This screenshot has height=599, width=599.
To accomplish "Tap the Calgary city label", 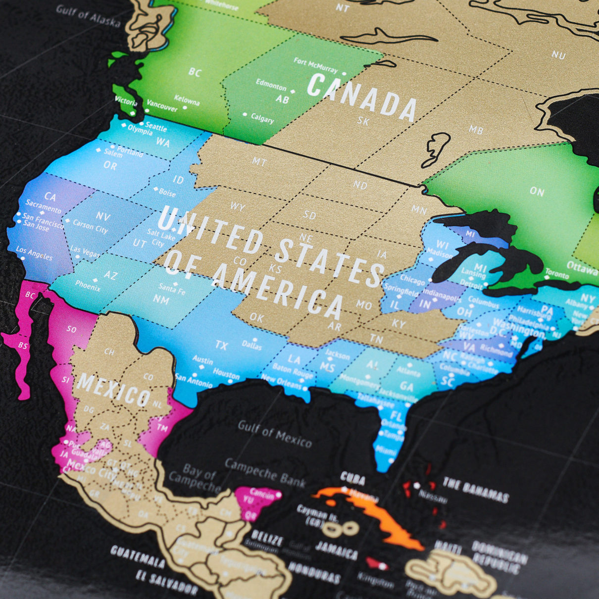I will point(262,118).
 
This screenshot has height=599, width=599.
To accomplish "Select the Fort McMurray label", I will point(315,65).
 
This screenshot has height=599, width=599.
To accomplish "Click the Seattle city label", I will point(156,127).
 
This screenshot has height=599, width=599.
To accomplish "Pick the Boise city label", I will point(167,192).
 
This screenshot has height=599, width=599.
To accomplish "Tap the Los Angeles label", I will point(34,253).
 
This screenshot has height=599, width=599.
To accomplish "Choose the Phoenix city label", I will point(88,286).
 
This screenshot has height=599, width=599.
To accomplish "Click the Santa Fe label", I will point(172,288).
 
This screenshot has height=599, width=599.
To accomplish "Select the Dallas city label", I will point(251,345).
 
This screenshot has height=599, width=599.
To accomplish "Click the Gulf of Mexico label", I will point(275,434).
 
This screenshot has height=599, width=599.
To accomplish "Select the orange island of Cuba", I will point(376,515).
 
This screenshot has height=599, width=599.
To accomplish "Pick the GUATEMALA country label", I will point(138,557).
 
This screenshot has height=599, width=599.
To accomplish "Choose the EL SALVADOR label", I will point(167,584).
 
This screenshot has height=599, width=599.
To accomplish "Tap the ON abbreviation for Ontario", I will point(537,191).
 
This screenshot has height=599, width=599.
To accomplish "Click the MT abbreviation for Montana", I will point(259,161).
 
